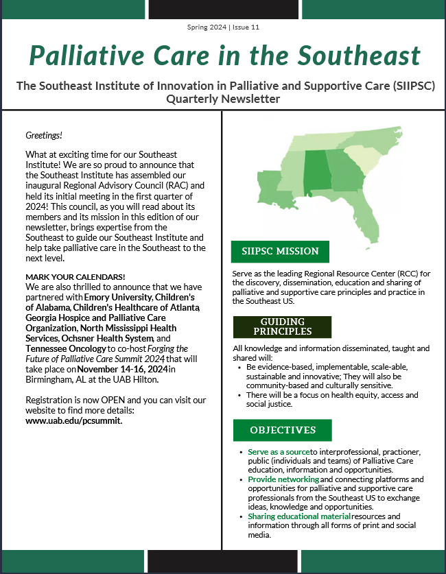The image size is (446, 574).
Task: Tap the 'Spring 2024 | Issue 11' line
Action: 222,27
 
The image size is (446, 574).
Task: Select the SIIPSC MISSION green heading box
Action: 280,252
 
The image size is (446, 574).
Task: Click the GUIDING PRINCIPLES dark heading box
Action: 282,327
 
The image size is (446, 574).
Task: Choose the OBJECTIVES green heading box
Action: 282,430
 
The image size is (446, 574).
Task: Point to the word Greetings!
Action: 44,135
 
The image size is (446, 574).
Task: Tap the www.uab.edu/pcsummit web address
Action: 73,420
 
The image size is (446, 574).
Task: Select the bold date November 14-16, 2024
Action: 127,369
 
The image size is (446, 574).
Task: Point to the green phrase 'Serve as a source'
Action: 279,453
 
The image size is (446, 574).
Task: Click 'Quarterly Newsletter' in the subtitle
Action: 223,99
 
